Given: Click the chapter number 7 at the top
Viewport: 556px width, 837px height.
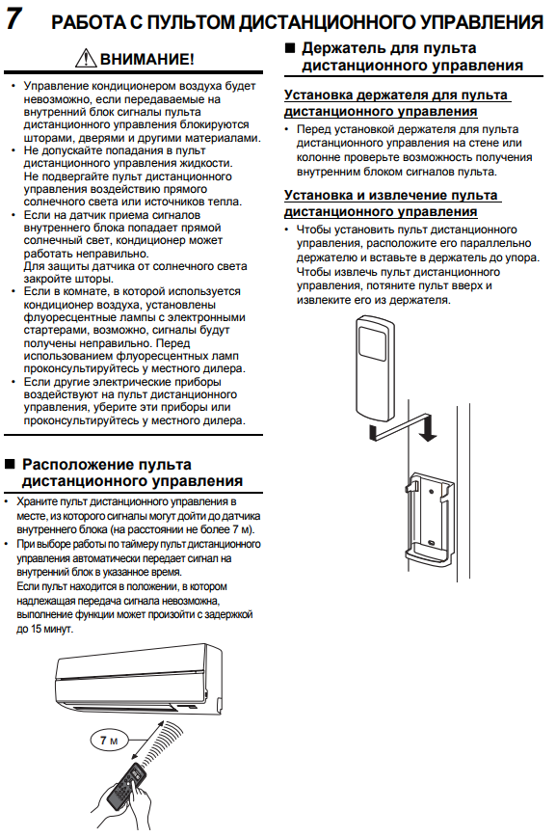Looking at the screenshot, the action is (13, 17).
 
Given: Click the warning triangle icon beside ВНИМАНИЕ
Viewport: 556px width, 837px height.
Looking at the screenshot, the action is (86, 57).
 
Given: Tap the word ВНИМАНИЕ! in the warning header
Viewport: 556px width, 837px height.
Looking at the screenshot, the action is (146, 59).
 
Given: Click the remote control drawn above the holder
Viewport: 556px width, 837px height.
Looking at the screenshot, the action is (374, 367).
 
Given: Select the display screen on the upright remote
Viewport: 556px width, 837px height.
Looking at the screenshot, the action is (373, 341).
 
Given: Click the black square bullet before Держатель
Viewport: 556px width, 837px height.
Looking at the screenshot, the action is (290, 47).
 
